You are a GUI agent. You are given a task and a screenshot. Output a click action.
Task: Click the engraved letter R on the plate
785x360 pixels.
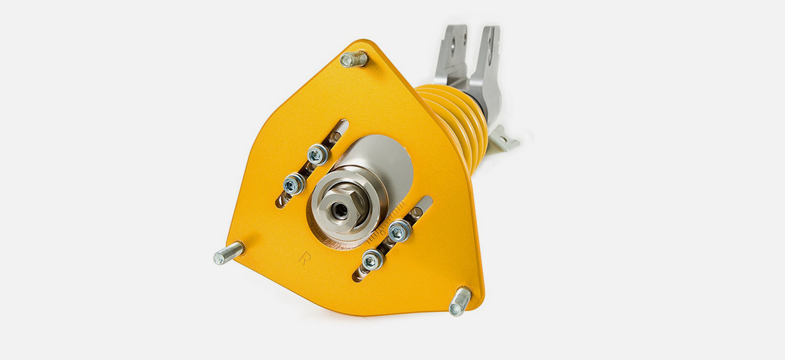tap(305, 258)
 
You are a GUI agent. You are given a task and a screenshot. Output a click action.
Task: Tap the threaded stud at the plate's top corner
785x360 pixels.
tap(354, 59)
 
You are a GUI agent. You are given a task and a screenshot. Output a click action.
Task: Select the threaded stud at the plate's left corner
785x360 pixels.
tap(229, 253)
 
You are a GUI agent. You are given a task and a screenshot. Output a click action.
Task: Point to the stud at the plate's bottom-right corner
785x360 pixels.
tap(460, 301)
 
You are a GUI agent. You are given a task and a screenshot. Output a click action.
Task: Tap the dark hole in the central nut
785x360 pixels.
tap(341, 210)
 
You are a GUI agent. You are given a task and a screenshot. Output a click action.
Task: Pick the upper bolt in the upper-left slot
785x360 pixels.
tap(317, 154)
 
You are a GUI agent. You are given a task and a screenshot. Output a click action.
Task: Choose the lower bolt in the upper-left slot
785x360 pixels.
tap(293, 184)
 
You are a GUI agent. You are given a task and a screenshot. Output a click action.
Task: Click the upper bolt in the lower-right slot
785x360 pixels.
tap(400, 231)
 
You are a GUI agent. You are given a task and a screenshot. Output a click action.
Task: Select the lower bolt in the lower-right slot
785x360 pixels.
tap(373, 260)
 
